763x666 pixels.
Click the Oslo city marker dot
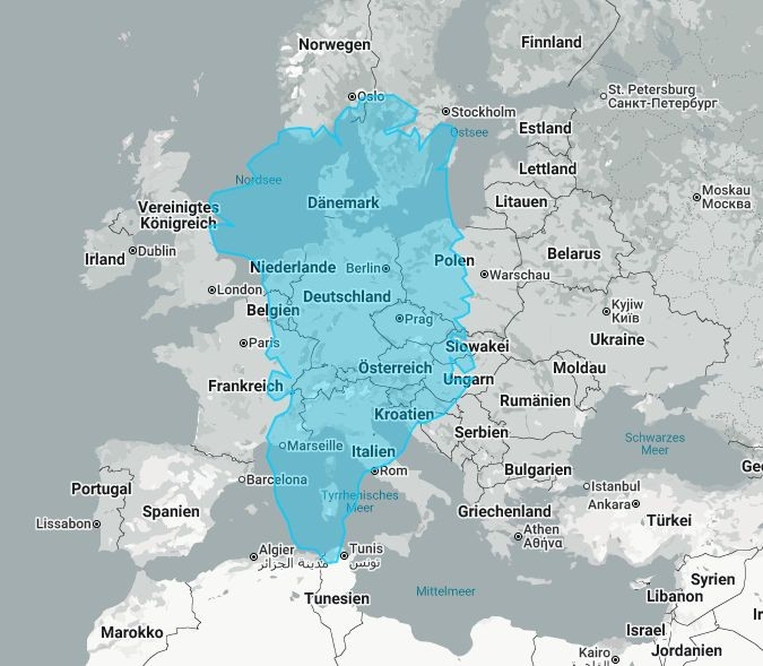[352, 96]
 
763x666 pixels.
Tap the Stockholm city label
[483, 112]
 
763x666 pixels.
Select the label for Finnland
[551, 42]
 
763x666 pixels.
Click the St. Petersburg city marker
[604, 96]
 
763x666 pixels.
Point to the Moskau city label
[726, 197]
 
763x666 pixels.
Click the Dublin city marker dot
[133, 250]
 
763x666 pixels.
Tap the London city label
[239, 289]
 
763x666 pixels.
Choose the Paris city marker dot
[243, 343]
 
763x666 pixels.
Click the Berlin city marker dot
[386, 268]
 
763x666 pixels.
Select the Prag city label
[418, 319]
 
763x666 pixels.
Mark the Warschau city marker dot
[484, 274]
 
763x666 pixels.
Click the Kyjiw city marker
[606, 312]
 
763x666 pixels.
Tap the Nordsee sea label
[258, 179]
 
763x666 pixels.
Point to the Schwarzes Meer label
[655, 444]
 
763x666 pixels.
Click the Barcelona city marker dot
[242, 480]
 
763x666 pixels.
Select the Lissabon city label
[63, 523]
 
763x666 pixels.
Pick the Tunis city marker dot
[344, 555]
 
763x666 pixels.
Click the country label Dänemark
[343, 203]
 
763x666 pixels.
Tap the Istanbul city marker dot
[586, 486]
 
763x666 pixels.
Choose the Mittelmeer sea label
[446, 591]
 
